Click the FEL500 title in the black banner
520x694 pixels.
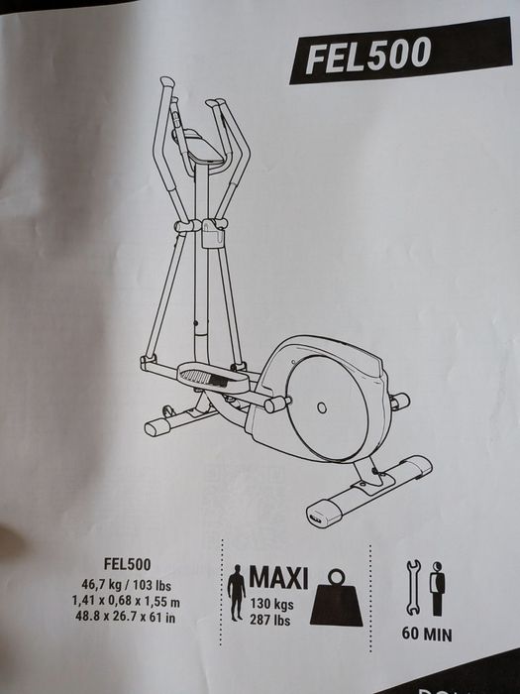(367, 55)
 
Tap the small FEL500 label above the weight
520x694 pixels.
(128, 564)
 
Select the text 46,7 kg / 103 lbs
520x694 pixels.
(126, 585)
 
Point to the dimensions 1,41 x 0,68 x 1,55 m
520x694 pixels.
(126, 602)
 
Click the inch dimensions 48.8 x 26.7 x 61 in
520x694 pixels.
(126, 617)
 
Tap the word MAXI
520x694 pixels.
(278, 578)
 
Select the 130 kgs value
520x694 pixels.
(271, 604)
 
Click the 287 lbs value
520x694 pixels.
(269, 620)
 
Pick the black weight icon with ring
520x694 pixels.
(337, 598)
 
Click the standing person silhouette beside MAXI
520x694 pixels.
(236, 592)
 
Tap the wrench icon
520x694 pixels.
(413, 588)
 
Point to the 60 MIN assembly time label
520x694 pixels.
(427, 635)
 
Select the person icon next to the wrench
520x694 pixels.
(437, 589)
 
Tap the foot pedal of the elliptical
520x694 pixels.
(212, 377)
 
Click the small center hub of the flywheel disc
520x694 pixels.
(322, 407)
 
